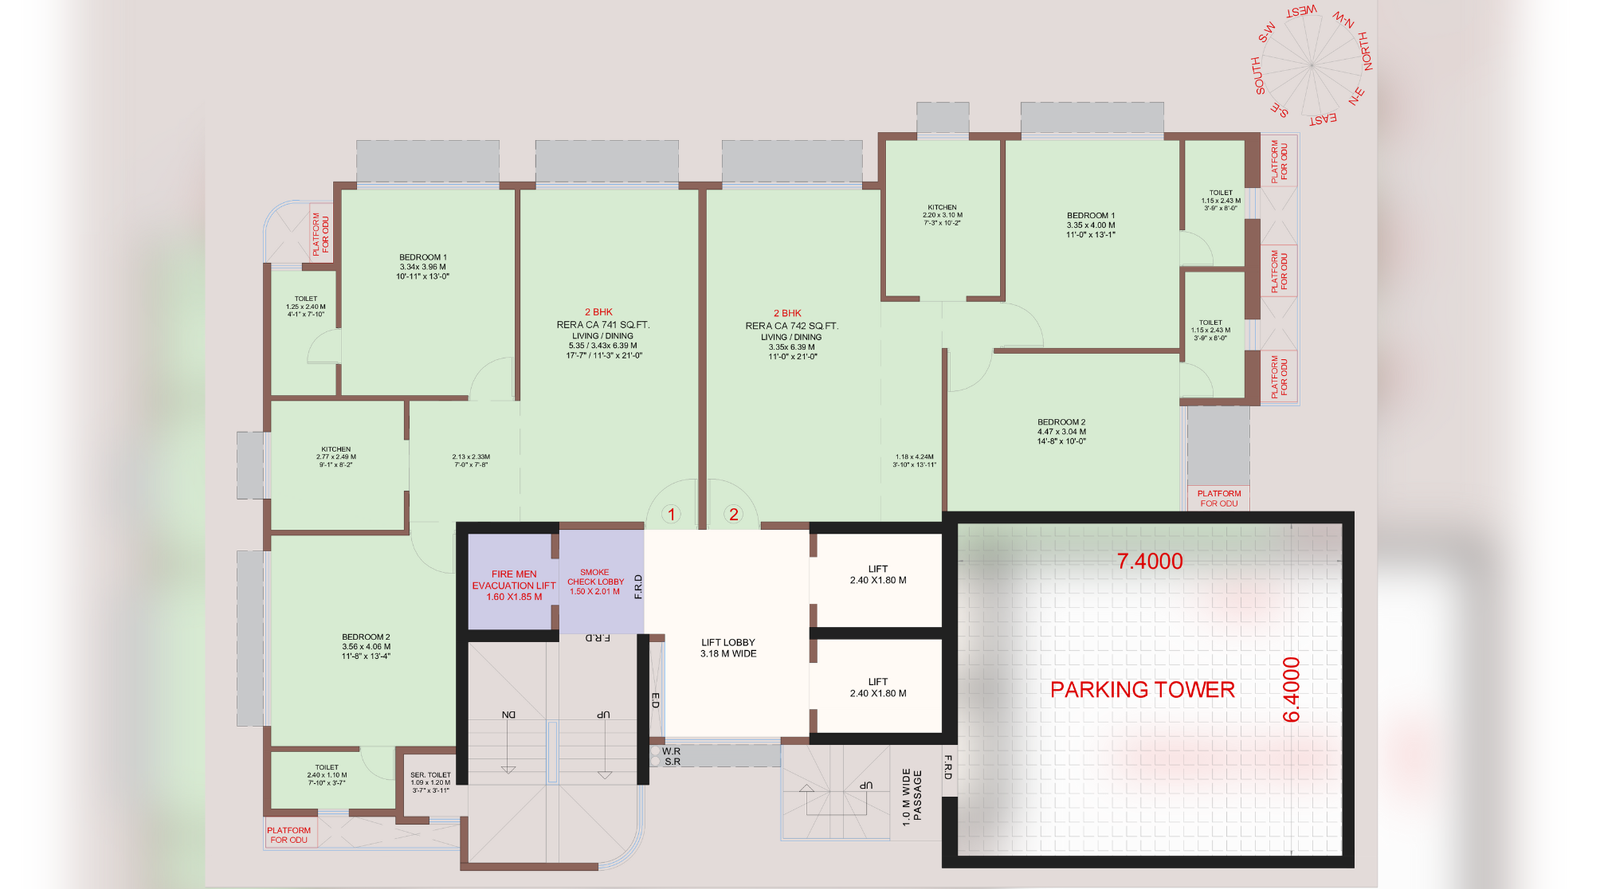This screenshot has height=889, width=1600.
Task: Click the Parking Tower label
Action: (x=1142, y=689)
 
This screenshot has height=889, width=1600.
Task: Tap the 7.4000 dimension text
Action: (x=1150, y=562)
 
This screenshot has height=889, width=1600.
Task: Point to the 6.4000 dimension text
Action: (x=1291, y=689)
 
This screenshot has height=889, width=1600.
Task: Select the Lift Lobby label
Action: (x=728, y=648)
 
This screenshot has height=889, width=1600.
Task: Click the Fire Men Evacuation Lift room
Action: (x=513, y=585)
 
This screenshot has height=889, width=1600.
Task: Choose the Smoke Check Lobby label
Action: (x=595, y=582)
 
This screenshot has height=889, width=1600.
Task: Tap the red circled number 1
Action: (x=671, y=515)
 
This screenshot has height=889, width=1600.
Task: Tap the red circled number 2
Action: (x=733, y=515)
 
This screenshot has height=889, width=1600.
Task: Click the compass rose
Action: (x=1311, y=65)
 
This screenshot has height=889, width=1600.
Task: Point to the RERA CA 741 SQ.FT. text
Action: (x=603, y=325)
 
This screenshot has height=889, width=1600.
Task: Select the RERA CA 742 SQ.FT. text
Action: (x=791, y=326)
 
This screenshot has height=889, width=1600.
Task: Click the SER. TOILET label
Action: (x=430, y=775)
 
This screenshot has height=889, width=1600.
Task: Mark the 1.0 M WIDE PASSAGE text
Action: (x=911, y=796)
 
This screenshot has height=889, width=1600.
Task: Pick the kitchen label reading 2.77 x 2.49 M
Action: (x=337, y=457)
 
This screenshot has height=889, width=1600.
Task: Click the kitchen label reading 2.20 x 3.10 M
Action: (x=942, y=215)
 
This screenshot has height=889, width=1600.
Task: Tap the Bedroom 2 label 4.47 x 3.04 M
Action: (x=1061, y=431)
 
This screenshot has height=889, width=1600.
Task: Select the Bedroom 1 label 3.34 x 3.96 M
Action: (x=423, y=266)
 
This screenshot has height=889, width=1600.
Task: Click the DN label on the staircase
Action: (x=509, y=715)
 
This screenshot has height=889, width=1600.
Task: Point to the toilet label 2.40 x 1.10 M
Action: (x=326, y=775)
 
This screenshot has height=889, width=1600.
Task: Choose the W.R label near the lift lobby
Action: (x=671, y=751)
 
